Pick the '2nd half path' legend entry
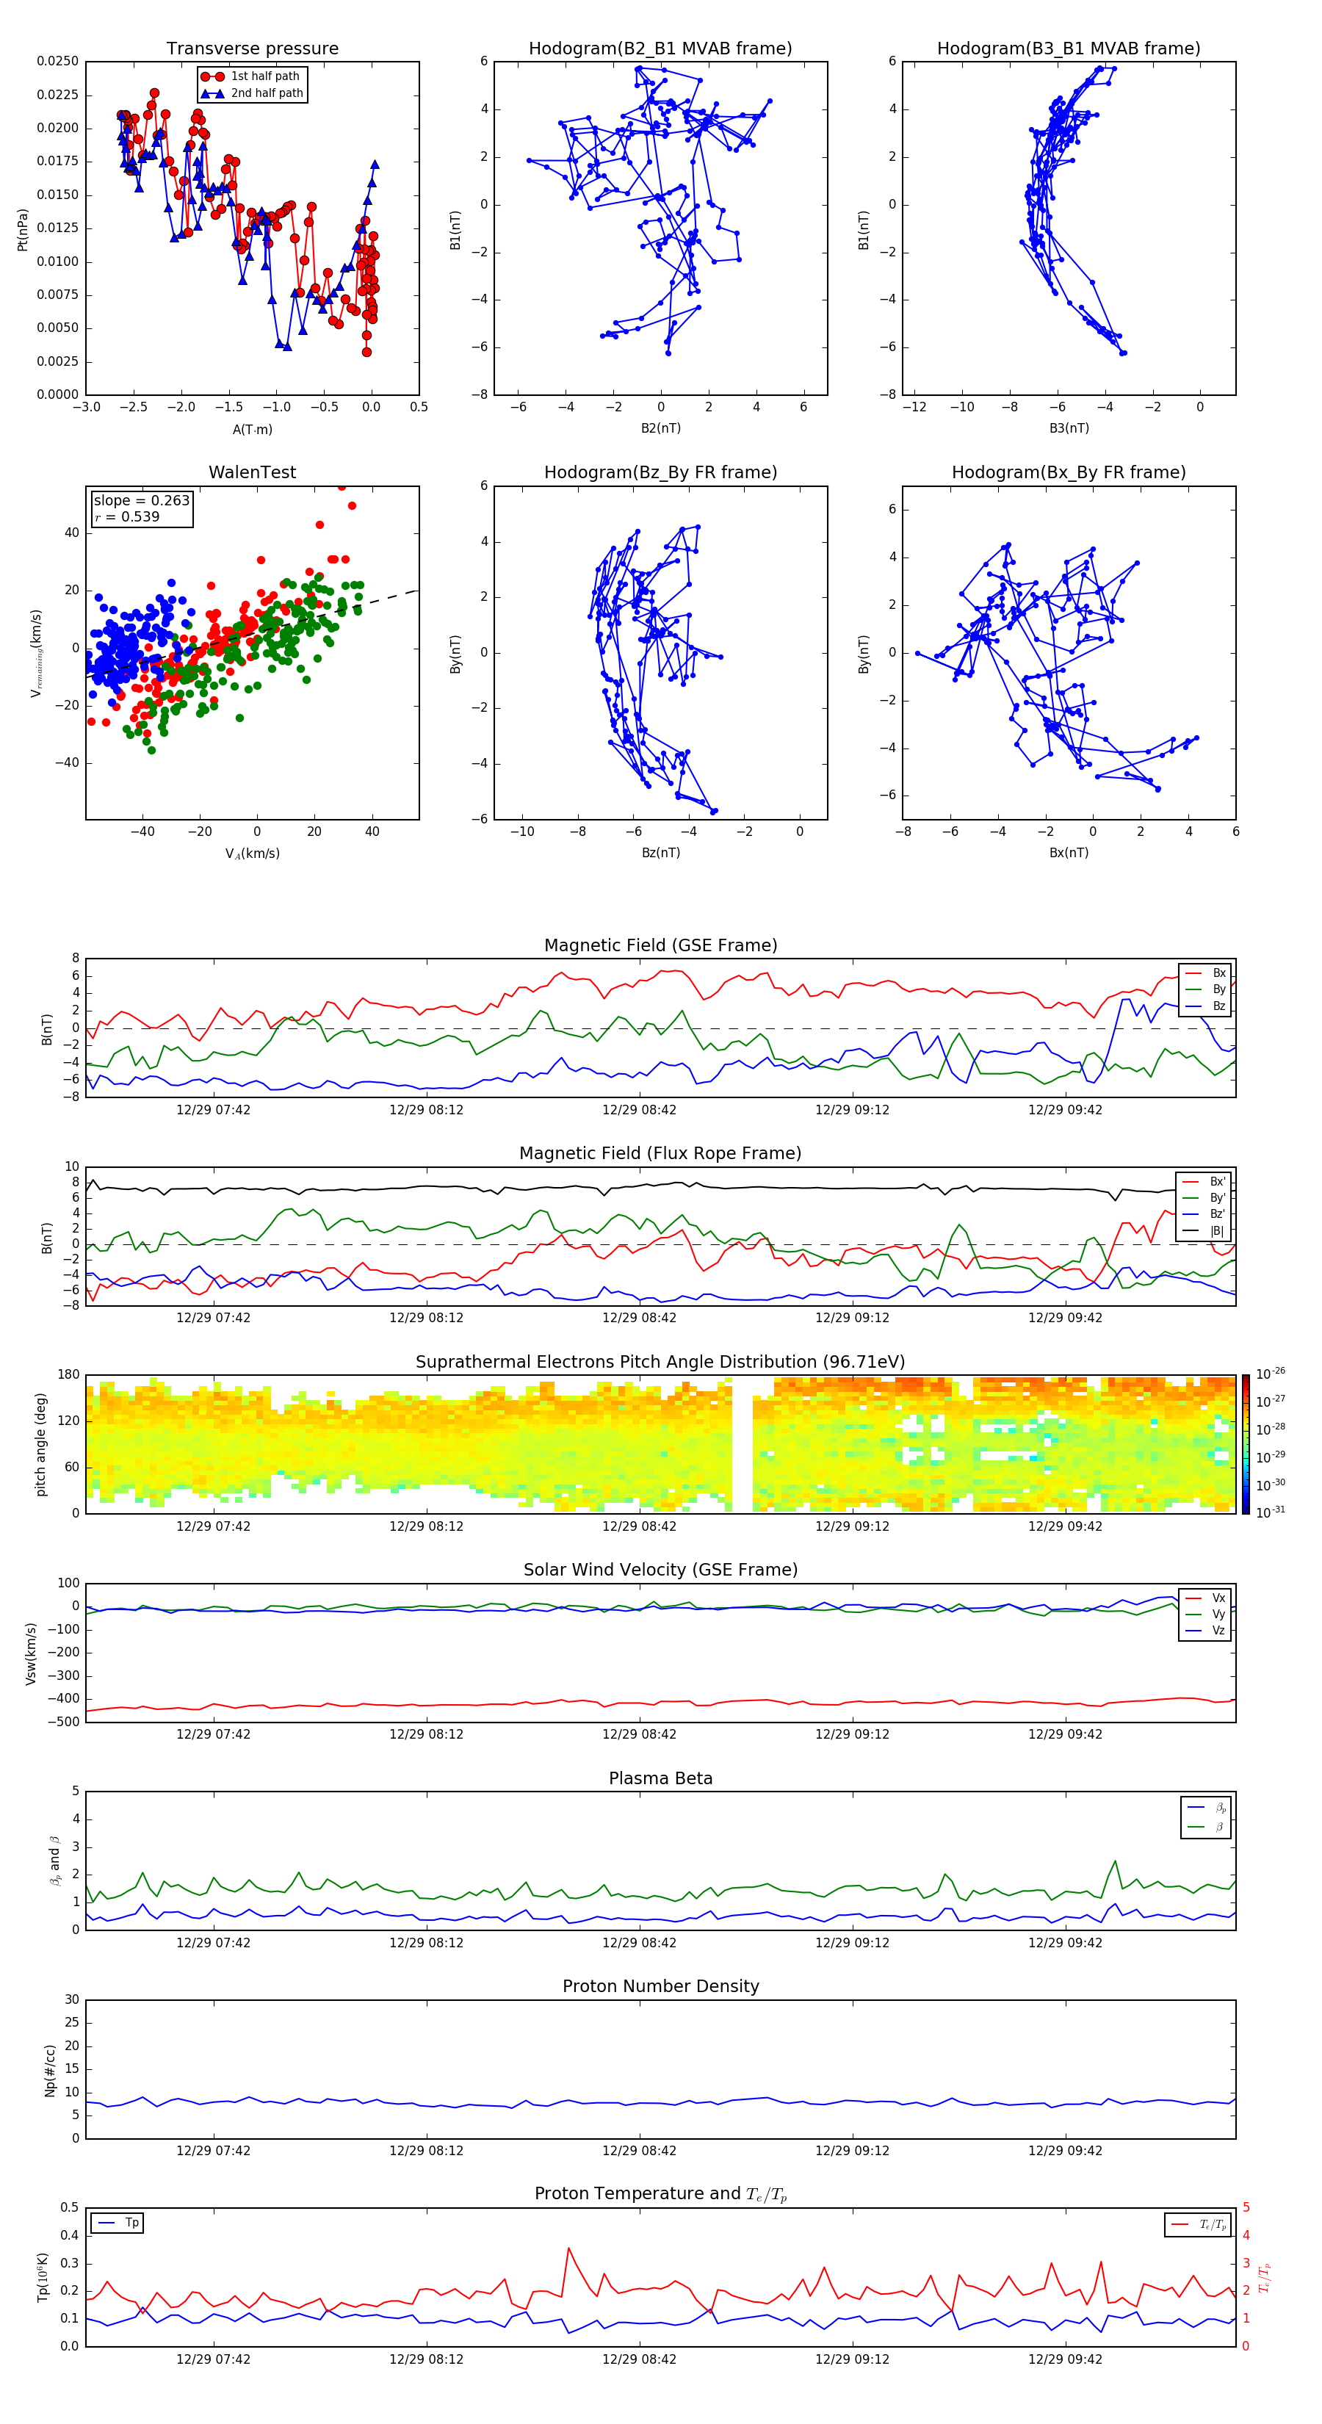tap(267, 93)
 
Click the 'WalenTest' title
tap(252, 472)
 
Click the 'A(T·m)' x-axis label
tap(252, 429)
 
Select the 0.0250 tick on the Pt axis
tap(57, 61)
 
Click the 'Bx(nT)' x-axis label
tap(1068, 853)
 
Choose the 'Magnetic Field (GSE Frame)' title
tap(660, 945)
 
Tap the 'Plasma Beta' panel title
tap(660, 1778)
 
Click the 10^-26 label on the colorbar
tap(1271, 1373)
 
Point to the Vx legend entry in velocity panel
tap(1218, 1598)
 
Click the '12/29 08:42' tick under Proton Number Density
tap(639, 2150)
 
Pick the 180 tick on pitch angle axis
tap(69, 1375)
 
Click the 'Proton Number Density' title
tap(660, 1986)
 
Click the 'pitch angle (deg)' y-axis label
tap(40, 1444)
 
